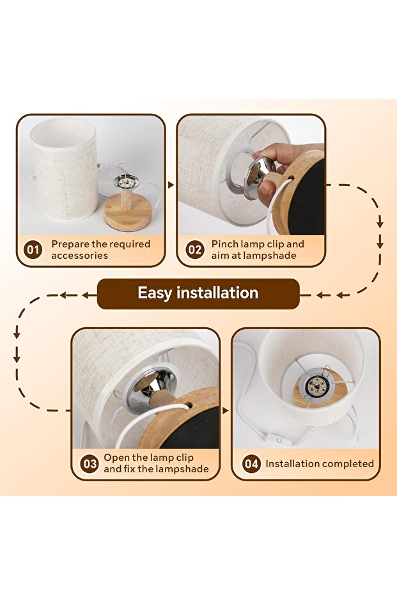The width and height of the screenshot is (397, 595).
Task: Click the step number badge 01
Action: [33, 249]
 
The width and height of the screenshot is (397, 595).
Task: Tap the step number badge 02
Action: [195, 249]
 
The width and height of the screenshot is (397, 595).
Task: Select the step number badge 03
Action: [90, 463]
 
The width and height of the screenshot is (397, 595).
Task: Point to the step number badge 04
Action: [251, 463]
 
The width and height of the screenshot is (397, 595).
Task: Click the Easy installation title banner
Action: [198, 293]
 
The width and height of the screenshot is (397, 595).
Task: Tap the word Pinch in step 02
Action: [225, 244]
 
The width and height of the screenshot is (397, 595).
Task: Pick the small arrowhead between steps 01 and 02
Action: [171, 185]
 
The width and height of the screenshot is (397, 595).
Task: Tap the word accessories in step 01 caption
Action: [80, 256]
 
